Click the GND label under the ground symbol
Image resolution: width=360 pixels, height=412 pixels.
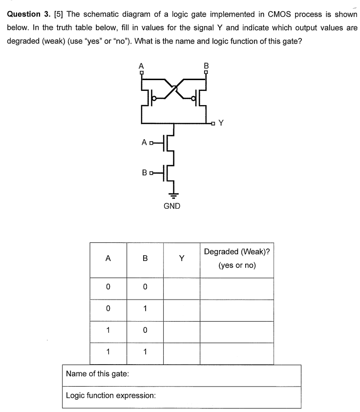pos(171,206)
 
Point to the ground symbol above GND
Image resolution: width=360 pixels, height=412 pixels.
pos(172,192)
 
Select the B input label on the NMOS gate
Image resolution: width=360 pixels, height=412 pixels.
pos(144,172)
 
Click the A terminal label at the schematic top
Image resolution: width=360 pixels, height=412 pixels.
pos(142,65)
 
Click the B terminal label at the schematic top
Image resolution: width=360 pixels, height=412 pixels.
pos(206,65)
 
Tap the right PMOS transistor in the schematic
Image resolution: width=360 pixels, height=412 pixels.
pos(197,98)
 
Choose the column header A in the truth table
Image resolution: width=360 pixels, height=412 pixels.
pos(108,260)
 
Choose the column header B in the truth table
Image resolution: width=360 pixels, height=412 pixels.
pos(145,260)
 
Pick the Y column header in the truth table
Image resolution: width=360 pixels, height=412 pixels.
pos(181,260)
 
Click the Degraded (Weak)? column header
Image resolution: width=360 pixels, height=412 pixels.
pos(237,259)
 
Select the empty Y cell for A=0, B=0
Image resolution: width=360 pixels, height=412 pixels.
pos(181,288)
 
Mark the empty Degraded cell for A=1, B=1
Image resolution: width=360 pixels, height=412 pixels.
pos(237,353)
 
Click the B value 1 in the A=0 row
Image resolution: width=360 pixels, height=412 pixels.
pos(145,310)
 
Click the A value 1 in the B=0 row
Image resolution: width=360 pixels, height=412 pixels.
pos(108,331)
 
